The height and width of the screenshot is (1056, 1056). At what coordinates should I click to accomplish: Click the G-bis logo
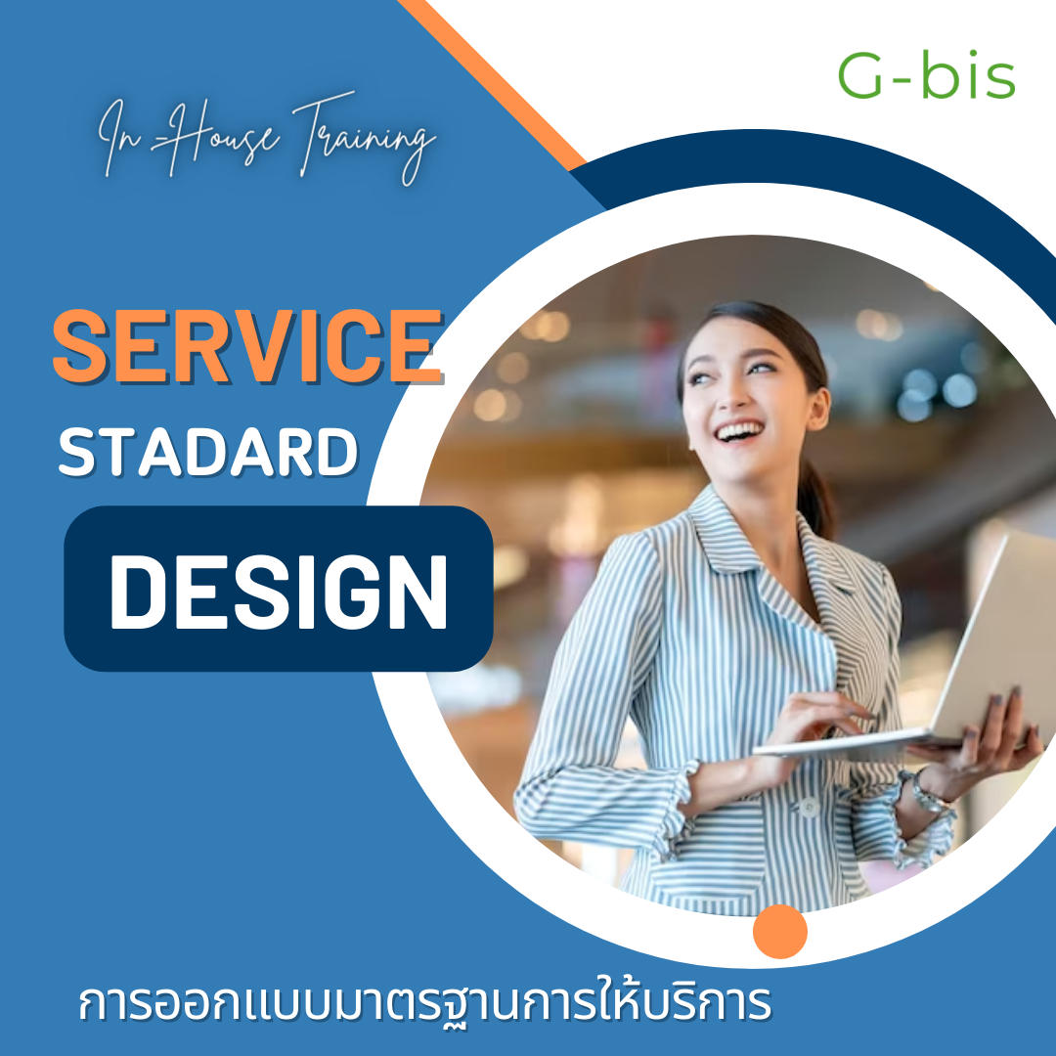click(x=926, y=75)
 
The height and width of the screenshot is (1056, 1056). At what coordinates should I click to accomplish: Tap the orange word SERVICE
click(x=247, y=346)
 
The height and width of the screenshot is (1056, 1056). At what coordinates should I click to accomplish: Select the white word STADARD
click(x=208, y=452)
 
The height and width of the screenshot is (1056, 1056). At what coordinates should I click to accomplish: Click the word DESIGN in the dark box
click(x=278, y=592)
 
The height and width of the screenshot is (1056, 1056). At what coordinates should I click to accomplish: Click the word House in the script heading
click(x=215, y=136)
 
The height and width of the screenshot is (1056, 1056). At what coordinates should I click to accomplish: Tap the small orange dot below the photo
click(x=780, y=932)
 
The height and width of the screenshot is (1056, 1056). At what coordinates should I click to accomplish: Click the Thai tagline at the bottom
click(x=424, y=1004)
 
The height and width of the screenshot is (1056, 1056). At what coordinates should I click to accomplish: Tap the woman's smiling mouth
click(x=740, y=431)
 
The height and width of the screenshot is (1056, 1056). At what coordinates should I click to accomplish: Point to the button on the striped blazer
click(x=809, y=807)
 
